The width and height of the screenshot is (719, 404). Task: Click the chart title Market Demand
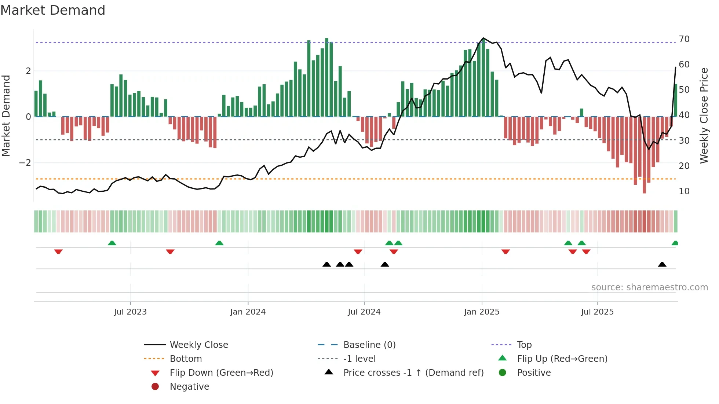click(53, 10)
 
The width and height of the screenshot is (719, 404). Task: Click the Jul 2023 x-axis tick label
click(130, 312)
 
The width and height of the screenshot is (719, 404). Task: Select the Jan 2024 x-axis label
click(248, 312)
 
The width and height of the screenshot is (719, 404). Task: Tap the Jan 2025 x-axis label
click(481, 312)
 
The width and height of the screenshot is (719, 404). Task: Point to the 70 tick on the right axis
click(684, 39)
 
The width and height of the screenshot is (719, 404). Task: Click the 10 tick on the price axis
click(684, 191)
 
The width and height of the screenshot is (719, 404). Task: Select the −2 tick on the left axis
click(25, 163)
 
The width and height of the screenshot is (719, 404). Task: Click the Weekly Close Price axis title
click(704, 115)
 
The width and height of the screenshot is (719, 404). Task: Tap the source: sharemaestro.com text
click(649, 287)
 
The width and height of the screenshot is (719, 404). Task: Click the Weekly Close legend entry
click(198, 345)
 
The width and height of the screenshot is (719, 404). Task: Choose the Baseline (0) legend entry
click(369, 345)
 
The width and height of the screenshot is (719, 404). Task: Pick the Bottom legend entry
click(186, 359)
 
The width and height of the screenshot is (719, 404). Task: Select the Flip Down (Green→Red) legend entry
click(221, 373)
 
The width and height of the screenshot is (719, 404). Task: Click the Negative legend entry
click(189, 387)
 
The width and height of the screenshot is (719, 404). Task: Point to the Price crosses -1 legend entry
click(413, 373)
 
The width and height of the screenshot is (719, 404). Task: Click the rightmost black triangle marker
click(662, 265)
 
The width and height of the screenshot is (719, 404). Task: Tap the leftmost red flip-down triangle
click(58, 251)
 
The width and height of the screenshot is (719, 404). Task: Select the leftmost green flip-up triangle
click(112, 243)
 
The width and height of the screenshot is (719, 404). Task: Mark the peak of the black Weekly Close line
click(483, 38)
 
